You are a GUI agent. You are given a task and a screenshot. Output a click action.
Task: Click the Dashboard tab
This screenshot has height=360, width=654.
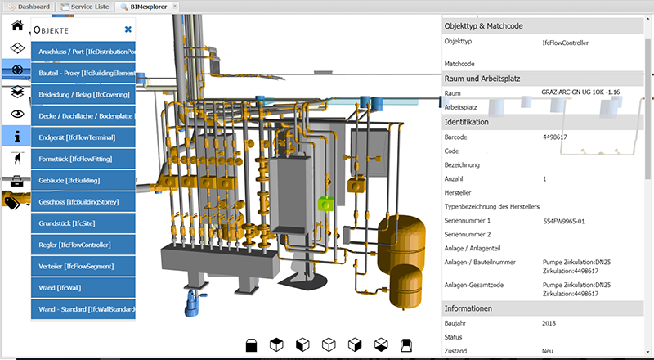coord(29,7)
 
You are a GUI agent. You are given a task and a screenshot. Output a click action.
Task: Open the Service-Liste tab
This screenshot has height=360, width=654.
coord(85,7)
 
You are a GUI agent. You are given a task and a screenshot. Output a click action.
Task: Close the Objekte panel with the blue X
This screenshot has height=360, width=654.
coord(128,29)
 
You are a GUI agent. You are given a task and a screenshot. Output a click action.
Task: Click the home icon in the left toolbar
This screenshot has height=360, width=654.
coord(17,25)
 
